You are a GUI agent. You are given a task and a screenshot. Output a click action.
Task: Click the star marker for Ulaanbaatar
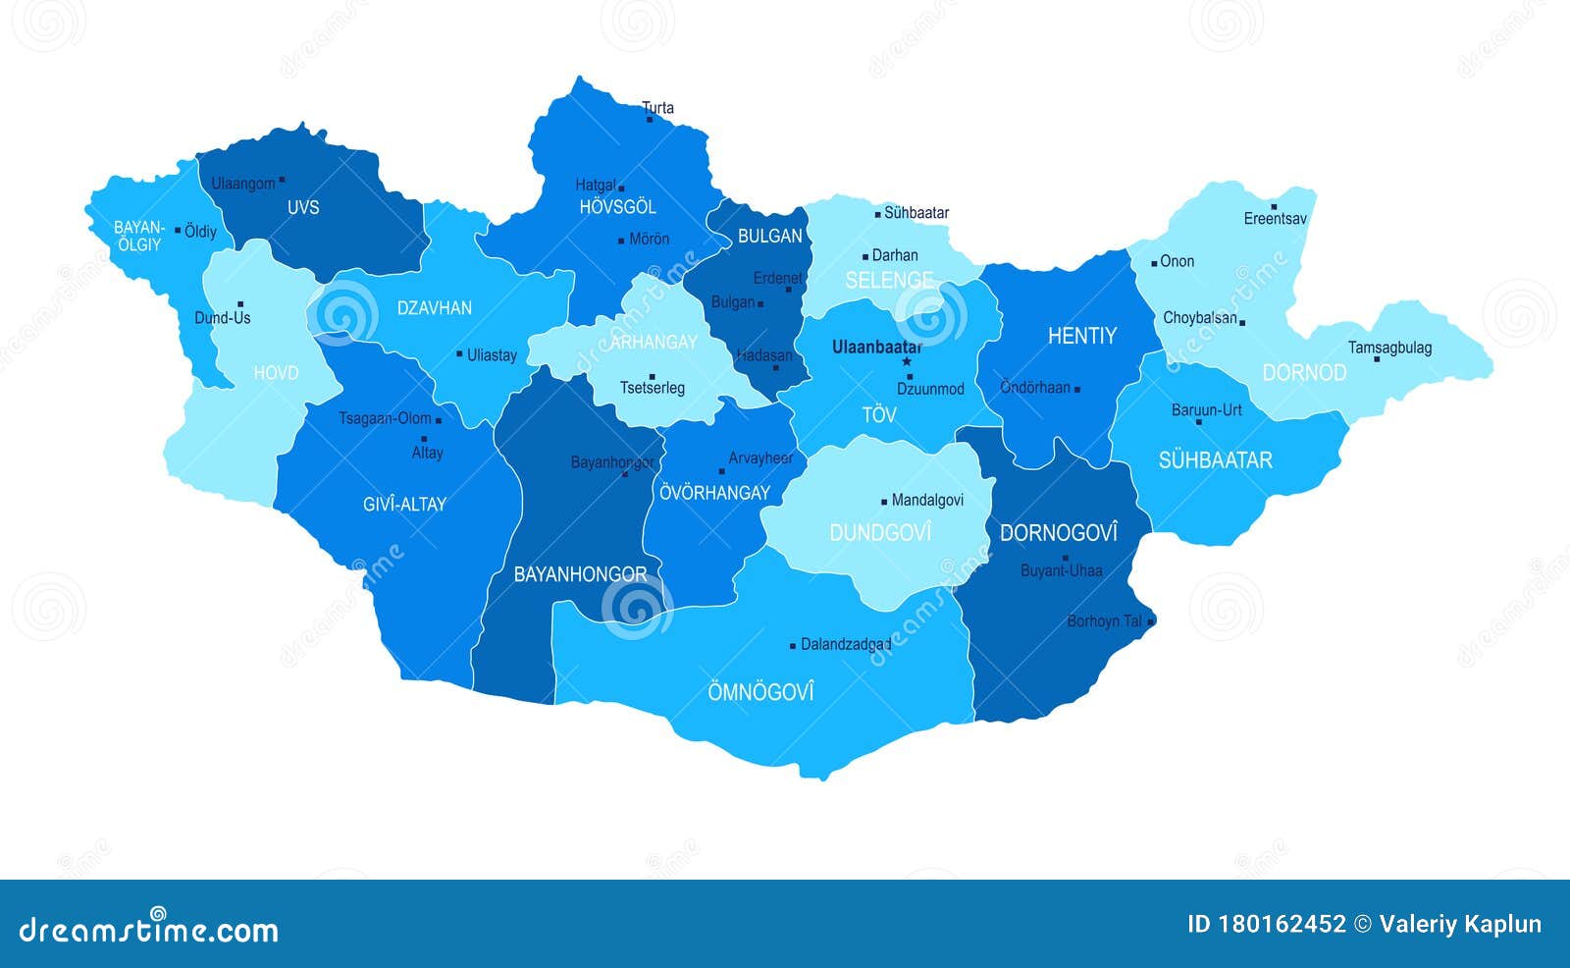coord(907,361)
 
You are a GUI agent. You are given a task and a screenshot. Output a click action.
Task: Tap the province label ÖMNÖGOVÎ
coord(760,692)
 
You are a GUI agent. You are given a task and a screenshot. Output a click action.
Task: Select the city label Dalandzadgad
coord(846,645)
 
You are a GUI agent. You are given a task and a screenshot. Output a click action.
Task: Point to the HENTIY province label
coord(1081,336)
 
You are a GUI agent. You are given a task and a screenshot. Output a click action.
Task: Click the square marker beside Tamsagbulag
coord(1377,359)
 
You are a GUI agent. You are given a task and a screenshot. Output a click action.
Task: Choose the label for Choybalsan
coord(1199,318)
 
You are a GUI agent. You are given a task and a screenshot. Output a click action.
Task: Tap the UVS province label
coord(303,207)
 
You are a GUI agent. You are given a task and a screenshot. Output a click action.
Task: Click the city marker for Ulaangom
coord(282,180)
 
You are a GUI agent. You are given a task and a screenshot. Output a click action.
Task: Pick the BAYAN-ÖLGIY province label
coord(138,236)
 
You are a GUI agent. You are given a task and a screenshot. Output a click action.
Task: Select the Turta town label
coord(657,108)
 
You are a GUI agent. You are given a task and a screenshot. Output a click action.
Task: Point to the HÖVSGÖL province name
coord(617,207)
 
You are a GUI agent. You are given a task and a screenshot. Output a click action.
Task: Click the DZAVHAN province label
coord(434,308)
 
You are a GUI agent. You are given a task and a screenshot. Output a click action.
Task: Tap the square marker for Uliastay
coord(459,353)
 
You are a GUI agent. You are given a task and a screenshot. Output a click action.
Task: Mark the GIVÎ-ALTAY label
coord(404,505)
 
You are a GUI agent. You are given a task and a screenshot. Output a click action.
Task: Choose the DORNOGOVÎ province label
coord(1058,533)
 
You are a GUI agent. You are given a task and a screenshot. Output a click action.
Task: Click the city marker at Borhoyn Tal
coord(1151,621)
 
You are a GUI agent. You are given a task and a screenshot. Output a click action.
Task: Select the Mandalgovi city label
coord(927,501)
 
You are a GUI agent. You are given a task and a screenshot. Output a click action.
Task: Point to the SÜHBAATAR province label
coord(1215,460)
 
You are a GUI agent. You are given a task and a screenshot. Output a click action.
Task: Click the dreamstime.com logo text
coord(149,930)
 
